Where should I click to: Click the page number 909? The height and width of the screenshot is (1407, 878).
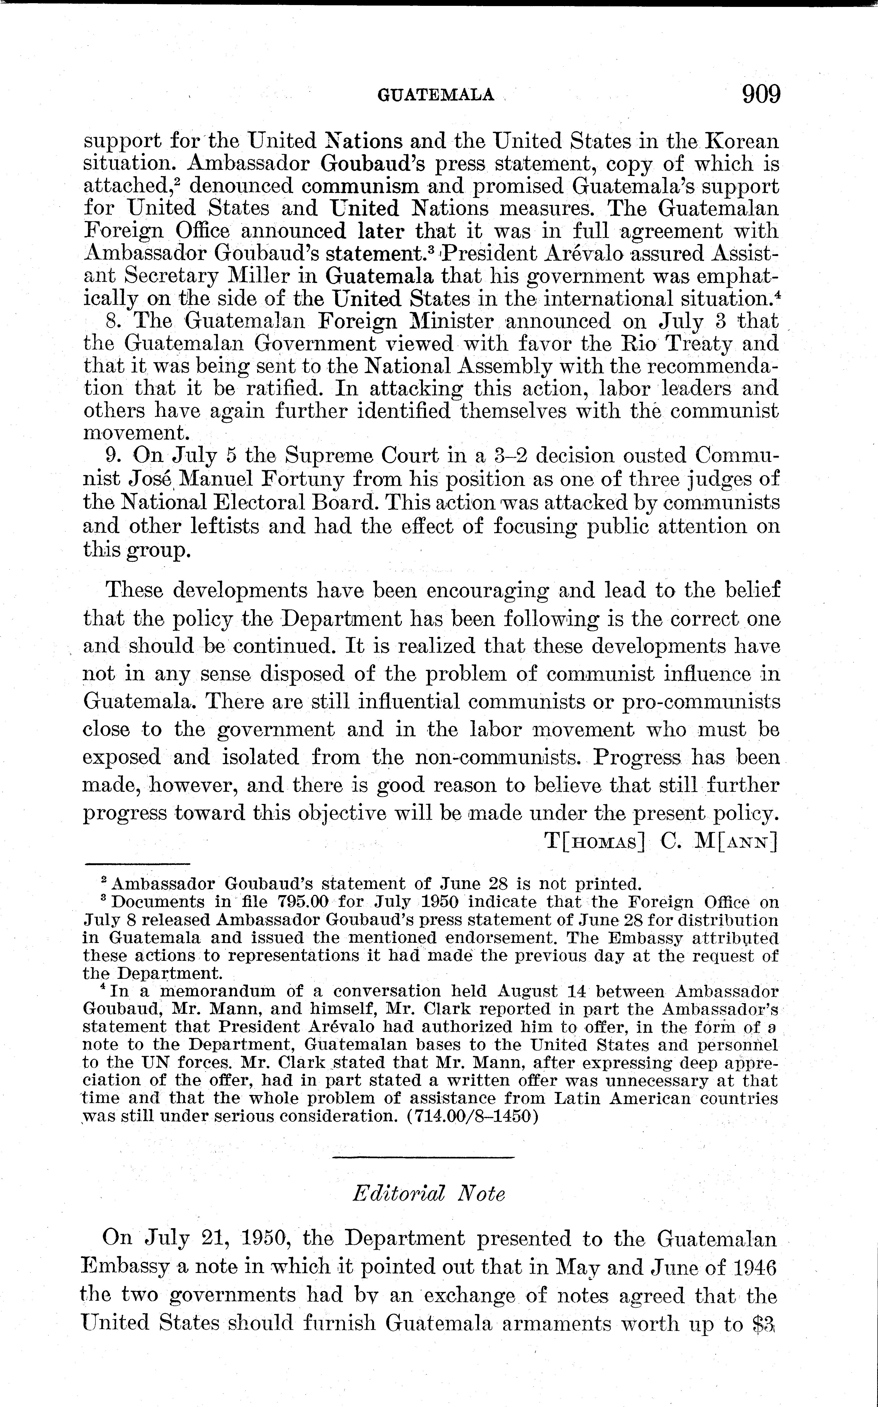761,94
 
